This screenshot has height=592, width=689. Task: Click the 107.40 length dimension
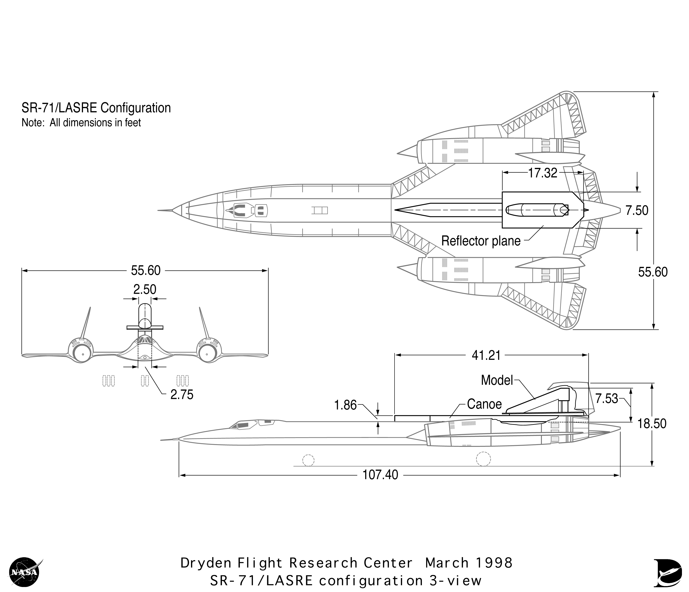tap(380, 475)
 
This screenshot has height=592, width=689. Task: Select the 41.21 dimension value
tap(486, 356)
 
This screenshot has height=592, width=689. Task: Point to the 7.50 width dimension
tap(636, 211)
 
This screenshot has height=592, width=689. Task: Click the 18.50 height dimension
tap(652, 424)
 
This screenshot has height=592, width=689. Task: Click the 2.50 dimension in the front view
tap(145, 289)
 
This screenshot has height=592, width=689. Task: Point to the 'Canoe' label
tap(484, 404)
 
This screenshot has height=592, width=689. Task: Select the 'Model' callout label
tap(497, 380)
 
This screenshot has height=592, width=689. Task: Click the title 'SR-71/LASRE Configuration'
tap(96, 108)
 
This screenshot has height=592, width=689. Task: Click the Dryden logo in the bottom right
tap(667, 572)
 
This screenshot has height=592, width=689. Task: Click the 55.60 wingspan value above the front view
tap(146, 270)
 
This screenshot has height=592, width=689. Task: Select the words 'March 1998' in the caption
tap(468, 563)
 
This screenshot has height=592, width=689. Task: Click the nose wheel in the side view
tap(308, 460)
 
